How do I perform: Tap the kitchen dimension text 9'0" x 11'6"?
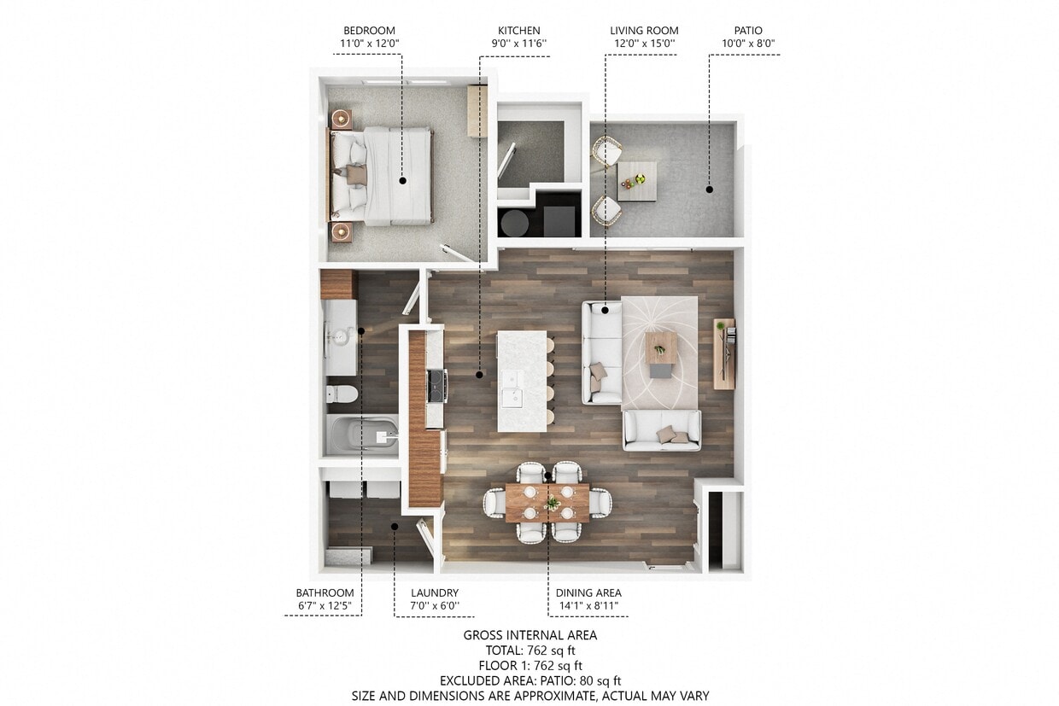pos(518,44)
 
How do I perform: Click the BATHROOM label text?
pos(325,592)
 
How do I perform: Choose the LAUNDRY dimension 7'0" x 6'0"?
pos(435,606)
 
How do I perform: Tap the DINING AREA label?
pos(588,592)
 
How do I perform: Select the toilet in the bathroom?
pos(342,395)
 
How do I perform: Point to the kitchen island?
pos(522,381)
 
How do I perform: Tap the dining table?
pos(547,503)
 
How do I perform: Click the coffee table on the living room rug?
pos(662,348)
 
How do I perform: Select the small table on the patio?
pos(636,181)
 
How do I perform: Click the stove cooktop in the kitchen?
pos(436,385)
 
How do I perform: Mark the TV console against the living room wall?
pos(723,353)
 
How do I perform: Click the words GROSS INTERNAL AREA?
pos(529,635)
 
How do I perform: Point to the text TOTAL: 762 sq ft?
pos(529,651)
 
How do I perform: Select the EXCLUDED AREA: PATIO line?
pos(529,680)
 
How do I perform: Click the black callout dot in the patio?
pos(709,190)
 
